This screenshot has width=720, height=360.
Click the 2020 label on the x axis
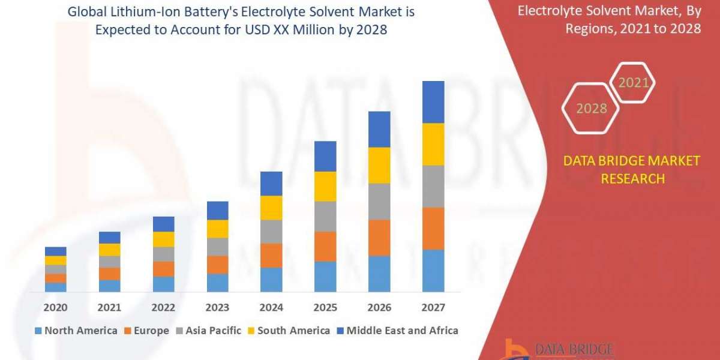[55, 308]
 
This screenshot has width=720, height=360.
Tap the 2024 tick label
[271, 308]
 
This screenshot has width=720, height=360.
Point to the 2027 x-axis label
[433, 308]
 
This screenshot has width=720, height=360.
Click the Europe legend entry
[147, 331]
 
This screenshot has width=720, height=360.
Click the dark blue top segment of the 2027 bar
[433, 102]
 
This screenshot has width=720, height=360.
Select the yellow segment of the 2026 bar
[379, 165]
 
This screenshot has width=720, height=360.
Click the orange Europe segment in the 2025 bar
[325, 246]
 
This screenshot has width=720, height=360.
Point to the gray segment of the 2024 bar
[271, 231]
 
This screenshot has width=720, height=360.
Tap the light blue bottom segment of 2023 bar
[217, 283]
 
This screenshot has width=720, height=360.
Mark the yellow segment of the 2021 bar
[109, 250]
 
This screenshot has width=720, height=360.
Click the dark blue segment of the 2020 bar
[55, 251]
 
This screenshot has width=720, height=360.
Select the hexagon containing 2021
[633, 83]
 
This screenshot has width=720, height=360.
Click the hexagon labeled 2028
[591, 109]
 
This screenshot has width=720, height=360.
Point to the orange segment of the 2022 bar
[163, 269]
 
